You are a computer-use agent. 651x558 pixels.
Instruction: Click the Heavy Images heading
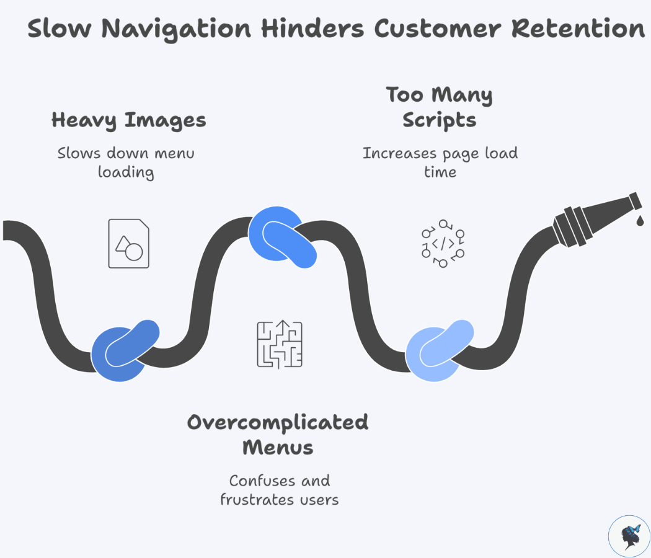pyautogui.click(x=128, y=120)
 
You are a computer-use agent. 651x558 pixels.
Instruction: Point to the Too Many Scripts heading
pyautogui.click(x=440, y=107)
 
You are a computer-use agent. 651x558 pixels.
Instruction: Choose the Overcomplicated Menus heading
pyautogui.click(x=278, y=434)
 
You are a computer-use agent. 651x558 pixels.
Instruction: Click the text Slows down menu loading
pyautogui.click(x=126, y=162)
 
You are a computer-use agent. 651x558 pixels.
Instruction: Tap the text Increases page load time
pyautogui.click(x=440, y=162)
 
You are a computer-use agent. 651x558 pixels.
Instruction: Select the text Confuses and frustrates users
pyautogui.click(x=279, y=490)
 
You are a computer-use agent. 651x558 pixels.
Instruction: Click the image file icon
pyautogui.click(x=128, y=244)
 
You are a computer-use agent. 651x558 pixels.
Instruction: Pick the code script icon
pyautogui.click(x=443, y=243)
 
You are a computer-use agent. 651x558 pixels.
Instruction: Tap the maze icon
pyautogui.click(x=280, y=343)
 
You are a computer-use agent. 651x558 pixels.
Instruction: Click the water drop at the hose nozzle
pyautogui.click(x=639, y=219)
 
